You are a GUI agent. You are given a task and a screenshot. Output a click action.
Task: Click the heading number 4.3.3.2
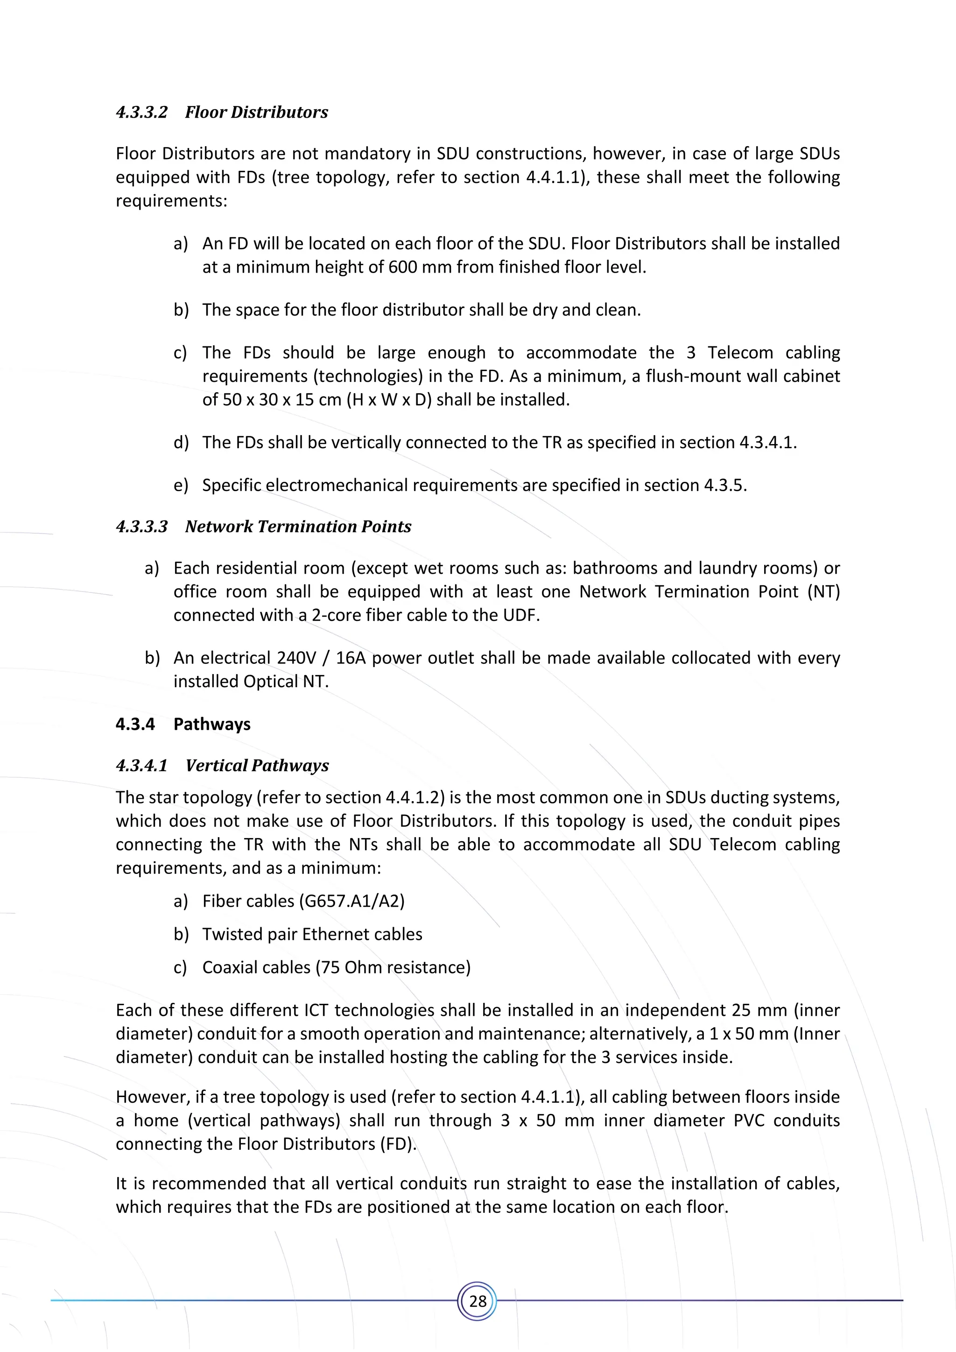(x=142, y=113)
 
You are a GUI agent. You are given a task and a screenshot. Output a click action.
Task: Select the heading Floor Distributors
(x=256, y=113)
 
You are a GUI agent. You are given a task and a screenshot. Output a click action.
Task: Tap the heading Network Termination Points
(x=298, y=527)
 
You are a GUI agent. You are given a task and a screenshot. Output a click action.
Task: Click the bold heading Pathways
(x=212, y=724)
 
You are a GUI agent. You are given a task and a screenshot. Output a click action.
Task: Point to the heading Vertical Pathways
(x=257, y=766)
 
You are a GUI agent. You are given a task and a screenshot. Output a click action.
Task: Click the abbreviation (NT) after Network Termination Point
(x=823, y=592)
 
